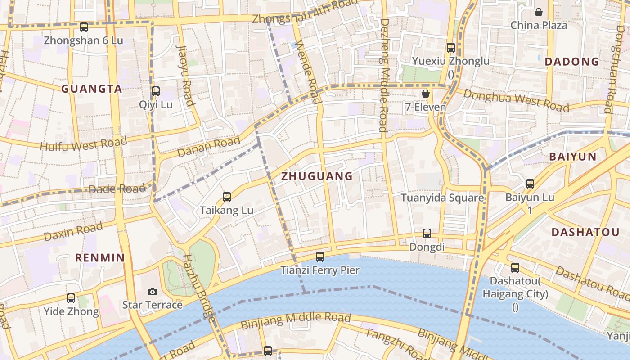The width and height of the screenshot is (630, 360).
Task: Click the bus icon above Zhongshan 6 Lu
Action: tap(84, 27)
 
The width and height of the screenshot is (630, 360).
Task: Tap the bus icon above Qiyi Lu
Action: tap(156, 91)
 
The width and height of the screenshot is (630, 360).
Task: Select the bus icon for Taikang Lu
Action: tap(227, 197)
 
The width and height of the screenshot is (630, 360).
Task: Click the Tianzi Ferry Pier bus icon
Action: tap(320, 257)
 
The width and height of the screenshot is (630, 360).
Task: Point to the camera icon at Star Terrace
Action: tap(153, 292)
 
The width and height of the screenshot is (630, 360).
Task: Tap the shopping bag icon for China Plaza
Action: tap(539, 12)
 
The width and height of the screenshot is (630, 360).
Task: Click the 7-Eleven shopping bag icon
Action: tap(426, 94)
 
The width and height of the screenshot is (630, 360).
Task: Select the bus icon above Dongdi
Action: tap(427, 234)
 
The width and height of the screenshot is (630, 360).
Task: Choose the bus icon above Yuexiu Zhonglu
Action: tap(451, 48)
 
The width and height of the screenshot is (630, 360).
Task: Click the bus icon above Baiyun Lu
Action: tap(530, 184)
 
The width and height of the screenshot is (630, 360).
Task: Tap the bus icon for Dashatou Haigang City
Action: tap(515, 268)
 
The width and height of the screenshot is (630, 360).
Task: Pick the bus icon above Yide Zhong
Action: tap(71, 298)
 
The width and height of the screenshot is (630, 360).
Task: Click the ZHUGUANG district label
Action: tap(317, 176)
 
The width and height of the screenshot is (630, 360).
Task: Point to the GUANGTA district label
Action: tap(92, 89)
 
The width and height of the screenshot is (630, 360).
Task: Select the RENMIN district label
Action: tap(99, 258)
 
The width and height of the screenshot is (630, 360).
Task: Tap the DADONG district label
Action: tap(572, 62)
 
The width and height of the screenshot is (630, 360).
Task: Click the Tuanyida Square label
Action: tap(442, 198)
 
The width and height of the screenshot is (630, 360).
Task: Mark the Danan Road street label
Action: tap(209, 148)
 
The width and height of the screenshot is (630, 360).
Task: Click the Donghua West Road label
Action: tap(516, 100)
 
